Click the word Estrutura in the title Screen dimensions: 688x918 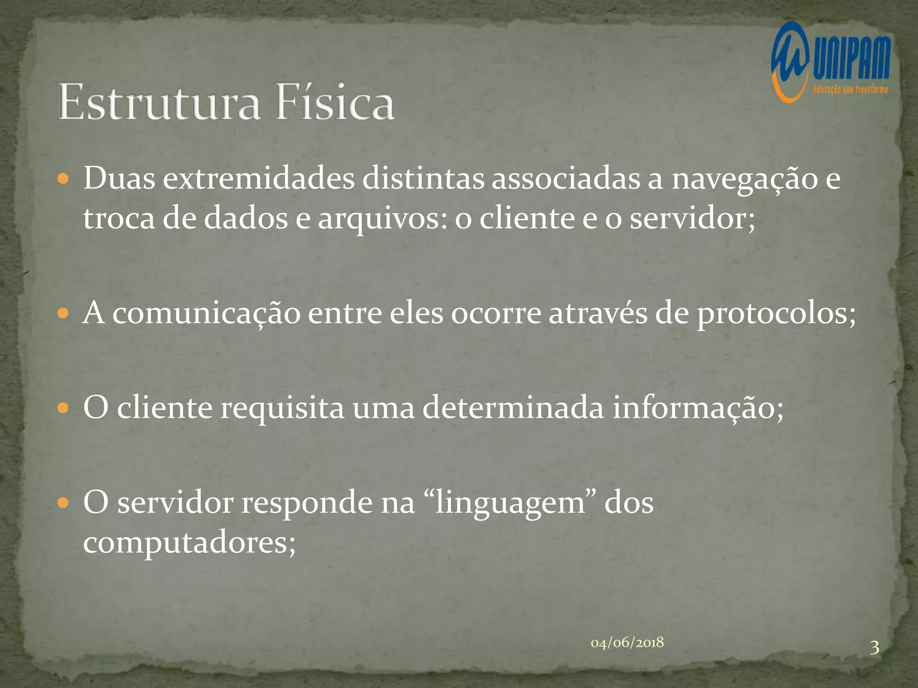(x=159, y=102)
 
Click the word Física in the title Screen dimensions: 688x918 (x=335, y=102)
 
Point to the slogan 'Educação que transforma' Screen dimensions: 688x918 (x=850, y=90)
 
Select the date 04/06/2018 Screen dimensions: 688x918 (x=627, y=643)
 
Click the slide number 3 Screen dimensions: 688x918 (x=874, y=648)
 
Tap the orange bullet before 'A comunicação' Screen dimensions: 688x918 (x=64, y=313)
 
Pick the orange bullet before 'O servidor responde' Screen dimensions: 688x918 (x=64, y=503)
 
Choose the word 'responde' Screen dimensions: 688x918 (x=307, y=503)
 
